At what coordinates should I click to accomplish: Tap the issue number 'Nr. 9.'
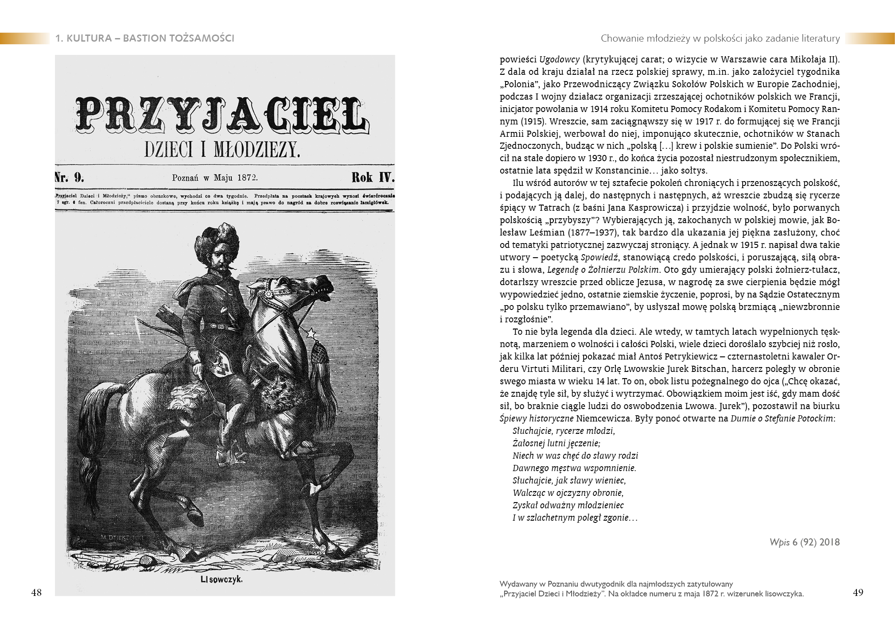(70, 178)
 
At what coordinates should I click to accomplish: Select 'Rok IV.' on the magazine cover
(372, 178)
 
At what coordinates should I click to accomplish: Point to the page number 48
(37, 592)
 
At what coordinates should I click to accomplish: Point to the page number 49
(858, 592)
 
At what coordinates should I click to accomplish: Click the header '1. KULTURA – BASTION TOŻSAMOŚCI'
(145, 39)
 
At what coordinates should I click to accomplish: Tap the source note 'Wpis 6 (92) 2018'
(805, 542)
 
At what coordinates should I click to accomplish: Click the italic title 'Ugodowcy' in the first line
(554, 59)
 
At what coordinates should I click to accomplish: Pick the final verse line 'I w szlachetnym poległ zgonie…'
(575, 518)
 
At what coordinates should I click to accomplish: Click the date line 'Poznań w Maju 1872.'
(215, 178)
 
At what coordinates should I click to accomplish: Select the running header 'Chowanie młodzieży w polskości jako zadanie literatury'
(720, 39)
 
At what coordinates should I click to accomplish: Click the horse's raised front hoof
(318, 489)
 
